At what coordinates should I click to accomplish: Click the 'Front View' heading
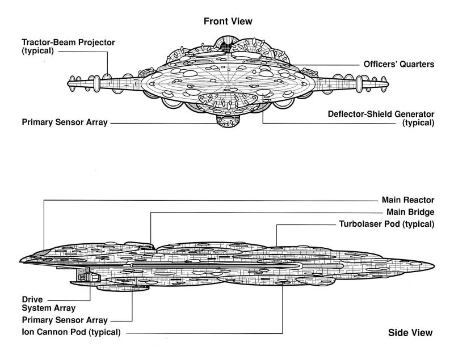227,21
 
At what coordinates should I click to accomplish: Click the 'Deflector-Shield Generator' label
381,113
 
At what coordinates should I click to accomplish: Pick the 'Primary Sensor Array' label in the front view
64,122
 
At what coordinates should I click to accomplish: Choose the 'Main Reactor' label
407,200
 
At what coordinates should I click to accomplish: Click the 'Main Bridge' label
410,212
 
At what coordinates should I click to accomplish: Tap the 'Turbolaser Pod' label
386,224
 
